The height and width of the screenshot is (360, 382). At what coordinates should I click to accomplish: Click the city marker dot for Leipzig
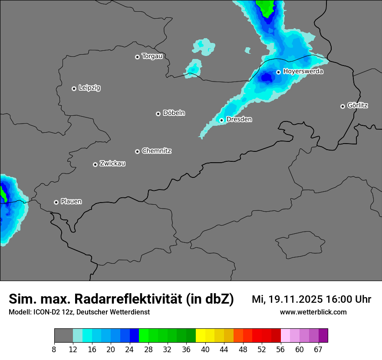(74, 88)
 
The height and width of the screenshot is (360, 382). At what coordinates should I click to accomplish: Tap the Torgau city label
(152, 56)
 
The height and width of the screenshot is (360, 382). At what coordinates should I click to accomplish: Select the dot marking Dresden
(222, 120)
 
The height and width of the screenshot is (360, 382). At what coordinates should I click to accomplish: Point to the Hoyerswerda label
(303, 72)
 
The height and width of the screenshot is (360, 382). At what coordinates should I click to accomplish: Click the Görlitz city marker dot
(342, 106)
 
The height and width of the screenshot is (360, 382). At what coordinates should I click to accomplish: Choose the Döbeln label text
(174, 113)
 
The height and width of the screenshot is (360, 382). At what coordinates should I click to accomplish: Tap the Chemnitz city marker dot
(138, 151)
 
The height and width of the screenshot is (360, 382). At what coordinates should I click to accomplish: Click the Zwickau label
(112, 164)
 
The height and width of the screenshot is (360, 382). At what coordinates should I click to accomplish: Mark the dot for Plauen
(56, 202)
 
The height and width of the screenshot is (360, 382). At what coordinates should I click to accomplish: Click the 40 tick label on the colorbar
(205, 350)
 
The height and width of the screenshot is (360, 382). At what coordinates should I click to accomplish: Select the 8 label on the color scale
(54, 350)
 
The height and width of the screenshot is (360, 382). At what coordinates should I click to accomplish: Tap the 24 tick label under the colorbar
(129, 350)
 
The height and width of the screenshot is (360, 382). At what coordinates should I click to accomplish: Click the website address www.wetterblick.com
(313, 312)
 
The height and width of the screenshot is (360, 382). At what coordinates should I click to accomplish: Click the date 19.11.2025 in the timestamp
(295, 299)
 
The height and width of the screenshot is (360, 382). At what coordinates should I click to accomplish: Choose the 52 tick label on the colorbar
(261, 350)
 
